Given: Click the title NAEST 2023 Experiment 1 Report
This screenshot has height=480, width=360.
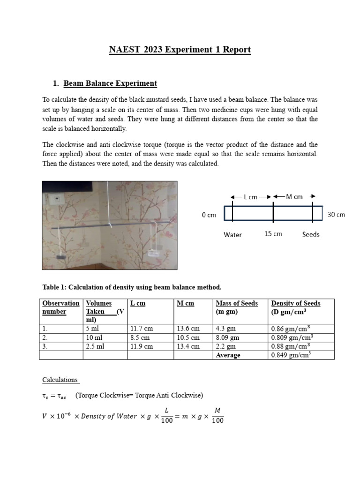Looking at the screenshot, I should (x=180, y=50).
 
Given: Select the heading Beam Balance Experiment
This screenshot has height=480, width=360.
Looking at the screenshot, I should (x=110, y=83).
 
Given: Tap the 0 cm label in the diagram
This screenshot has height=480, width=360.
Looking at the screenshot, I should (x=209, y=215).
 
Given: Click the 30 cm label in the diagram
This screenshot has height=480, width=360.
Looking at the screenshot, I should (x=336, y=215).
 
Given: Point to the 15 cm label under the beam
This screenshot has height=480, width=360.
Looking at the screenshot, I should (x=273, y=234).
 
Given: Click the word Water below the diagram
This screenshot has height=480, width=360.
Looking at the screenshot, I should (x=232, y=234).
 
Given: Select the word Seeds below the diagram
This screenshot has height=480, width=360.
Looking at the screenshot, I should (x=310, y=234).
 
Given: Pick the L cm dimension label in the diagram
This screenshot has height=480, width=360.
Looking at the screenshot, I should (x=250, y=197).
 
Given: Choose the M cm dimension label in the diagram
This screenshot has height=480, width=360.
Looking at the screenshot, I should (x=294, y=197).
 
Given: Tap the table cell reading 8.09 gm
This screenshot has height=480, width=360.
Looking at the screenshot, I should (x=227, y=337).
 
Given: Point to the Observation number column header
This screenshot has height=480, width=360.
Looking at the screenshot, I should (x=60, y=307).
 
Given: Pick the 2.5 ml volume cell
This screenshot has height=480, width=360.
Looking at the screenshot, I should (x=95, y=346).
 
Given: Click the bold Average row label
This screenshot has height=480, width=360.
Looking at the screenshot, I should (x=228, y=355).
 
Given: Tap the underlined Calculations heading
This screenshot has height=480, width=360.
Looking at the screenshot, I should (x=61, y=380).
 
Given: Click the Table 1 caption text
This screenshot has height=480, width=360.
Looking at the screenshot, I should (x=131, y=287).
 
